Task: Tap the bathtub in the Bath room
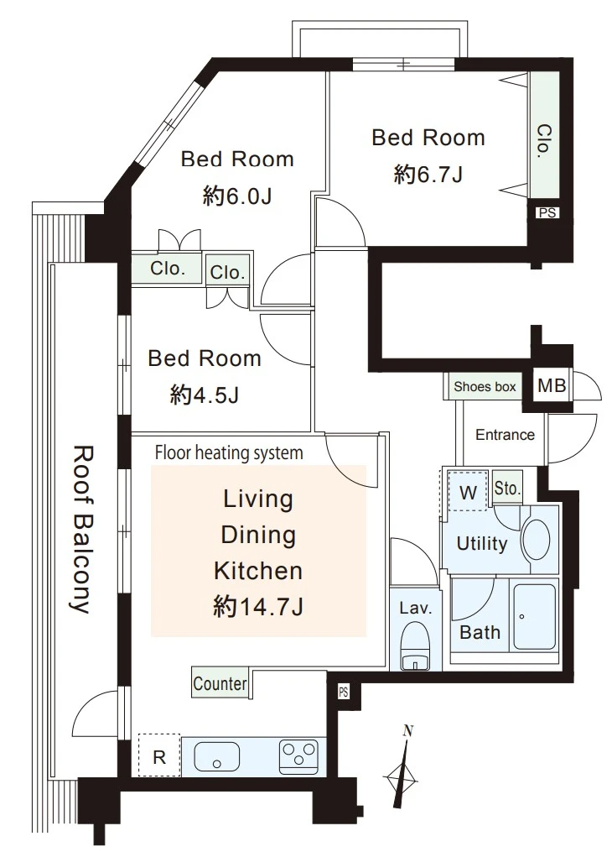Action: pos(534,617)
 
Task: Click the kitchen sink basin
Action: pos(216,755)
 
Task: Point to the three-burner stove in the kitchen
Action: pos(298,756)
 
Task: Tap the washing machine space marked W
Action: pos(468,492)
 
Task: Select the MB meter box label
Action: pos(552,386)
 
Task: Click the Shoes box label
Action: pos(485,386)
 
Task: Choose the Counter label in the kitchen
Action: pos(220,683)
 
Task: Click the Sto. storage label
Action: pos(507,488)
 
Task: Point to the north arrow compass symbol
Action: pos(402,772)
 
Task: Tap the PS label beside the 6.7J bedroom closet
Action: pos(547,212)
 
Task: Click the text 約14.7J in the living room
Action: pos(258,606)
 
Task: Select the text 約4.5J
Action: pos(205,395)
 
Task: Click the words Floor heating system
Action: pos(229,452)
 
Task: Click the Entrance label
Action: pos(506,435)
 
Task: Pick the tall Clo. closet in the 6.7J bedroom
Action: pos(544,135)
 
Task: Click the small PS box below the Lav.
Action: pos(343,693)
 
